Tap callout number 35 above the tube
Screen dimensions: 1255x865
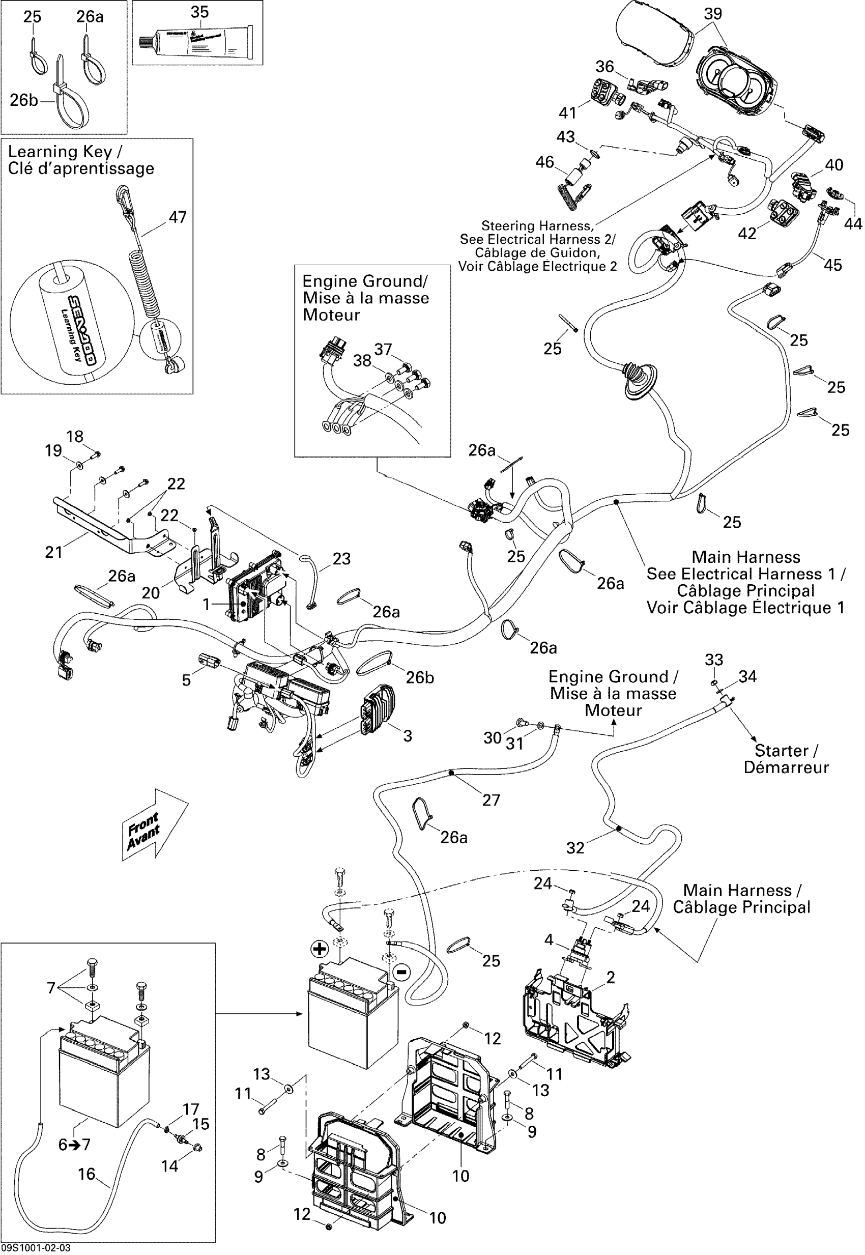[199, 12]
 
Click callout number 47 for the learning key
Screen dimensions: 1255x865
[178, 217]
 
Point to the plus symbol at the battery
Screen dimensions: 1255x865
[320, 949]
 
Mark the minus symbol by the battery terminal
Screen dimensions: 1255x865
[401, 972]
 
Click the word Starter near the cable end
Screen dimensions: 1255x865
[781, 750]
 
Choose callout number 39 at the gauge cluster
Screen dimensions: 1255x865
[713, 14]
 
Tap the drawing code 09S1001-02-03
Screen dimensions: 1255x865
[36, 1248]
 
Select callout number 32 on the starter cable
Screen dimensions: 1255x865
[575, 848]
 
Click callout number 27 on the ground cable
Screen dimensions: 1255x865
[491, 800]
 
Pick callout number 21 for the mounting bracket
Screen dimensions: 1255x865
[53, 552]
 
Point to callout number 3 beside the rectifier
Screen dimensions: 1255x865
[408, 736]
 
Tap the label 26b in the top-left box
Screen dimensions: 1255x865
[24, 100]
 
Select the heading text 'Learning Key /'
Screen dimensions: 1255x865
[65, 152]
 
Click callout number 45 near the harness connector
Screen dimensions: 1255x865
[833, 265]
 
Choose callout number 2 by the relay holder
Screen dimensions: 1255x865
[611, 978]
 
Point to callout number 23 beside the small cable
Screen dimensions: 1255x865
[341, 558]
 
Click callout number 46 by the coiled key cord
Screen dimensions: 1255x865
[544, 162]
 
